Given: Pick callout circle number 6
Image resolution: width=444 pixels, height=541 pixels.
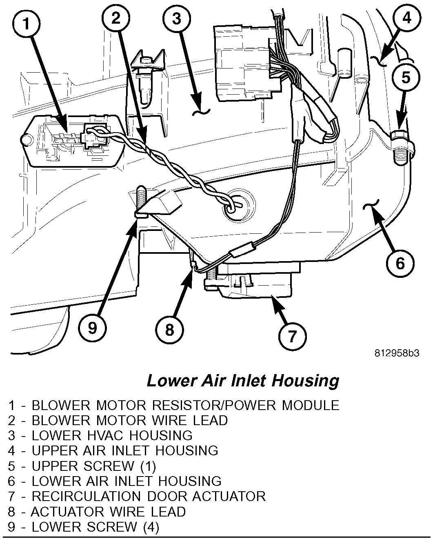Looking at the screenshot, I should click(400, 263).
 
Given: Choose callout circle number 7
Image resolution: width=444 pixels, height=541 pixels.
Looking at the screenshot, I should click(292, 336).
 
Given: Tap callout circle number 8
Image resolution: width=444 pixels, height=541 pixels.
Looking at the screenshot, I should click(169, 330).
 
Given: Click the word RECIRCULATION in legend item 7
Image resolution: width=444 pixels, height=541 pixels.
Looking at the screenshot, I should click(87, 496).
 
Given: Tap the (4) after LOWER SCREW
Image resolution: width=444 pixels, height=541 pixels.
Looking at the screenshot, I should click(151, 527).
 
